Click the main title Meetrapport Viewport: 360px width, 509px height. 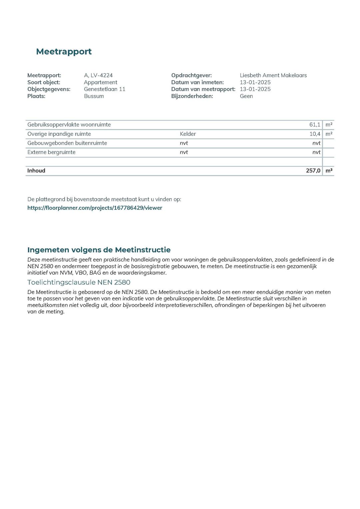(64, 52)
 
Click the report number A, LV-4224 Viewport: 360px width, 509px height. (98, 75)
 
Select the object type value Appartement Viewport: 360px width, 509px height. (100, 82)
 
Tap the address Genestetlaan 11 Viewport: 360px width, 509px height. (104, 89)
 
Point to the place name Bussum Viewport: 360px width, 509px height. (94, 96)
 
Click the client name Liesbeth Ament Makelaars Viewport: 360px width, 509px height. (273, 75)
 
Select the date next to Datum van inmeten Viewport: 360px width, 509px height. (255, 82)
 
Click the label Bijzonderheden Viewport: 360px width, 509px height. (192, 96)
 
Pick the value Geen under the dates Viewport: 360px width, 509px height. (246, 96)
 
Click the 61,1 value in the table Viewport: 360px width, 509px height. (314, 125)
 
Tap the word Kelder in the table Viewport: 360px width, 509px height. (188, 134)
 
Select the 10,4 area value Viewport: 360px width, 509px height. (315, 134)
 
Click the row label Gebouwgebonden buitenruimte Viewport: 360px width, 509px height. (67, 143)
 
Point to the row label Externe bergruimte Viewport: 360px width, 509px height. (51, 152)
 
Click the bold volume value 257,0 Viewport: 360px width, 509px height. (313, 171)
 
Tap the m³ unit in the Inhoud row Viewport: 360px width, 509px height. (329, 171)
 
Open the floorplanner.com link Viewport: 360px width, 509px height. (95, 208)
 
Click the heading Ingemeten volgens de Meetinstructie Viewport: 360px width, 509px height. (99, 250)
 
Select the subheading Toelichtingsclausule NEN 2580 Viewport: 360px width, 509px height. (79, 282)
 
